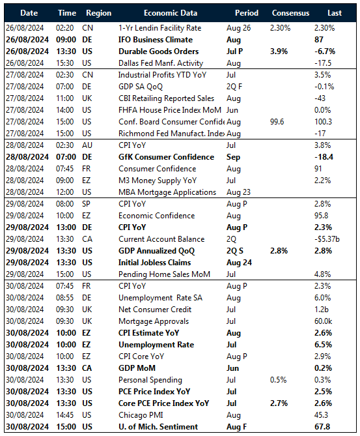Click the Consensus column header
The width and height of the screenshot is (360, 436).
point(290,12)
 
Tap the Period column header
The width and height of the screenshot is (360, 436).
point(246,12)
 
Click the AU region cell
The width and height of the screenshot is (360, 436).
point(90,145)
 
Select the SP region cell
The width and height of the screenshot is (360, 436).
point(89,204)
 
